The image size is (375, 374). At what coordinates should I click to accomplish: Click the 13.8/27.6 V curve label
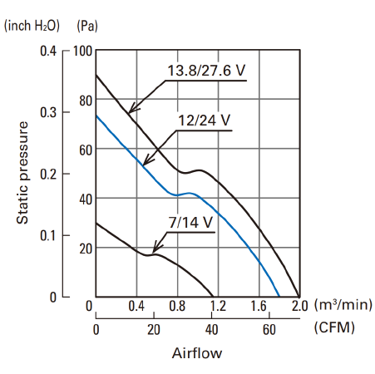(x=206, y=71)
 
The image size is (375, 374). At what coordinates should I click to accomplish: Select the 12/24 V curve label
(x=204, y=121)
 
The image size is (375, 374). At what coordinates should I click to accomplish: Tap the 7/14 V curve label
(x=190, y=222)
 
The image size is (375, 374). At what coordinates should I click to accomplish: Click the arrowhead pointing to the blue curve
(x=147, y=161)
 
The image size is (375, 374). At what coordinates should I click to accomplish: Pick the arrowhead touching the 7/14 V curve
(x=157, y=249)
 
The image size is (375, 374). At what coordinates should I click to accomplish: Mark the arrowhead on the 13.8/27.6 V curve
(x=134, y=108)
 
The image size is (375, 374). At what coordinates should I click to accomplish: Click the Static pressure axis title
(x=22, y=173)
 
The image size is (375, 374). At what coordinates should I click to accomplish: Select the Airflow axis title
(x=197, y=353)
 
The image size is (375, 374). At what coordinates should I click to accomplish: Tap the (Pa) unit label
(x=87, y=26)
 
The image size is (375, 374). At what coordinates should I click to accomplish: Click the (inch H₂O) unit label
(x=32, y=26)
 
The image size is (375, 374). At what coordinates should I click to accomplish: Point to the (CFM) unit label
(x=334, y=327)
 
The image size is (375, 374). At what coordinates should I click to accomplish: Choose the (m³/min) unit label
(x=343, y=305)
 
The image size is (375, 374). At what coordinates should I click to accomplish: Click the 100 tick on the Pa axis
(x=82, y=52)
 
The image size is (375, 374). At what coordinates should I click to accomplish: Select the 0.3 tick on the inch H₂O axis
(x=48, y=112)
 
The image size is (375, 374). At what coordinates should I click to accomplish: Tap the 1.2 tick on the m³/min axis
(x=218, y=306)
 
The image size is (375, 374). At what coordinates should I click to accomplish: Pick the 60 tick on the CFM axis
(x=269, y=330)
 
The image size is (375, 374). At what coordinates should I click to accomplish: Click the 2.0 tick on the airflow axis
(x=299, y=306)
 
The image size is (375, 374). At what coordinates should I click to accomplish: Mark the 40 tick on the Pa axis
(x=86, y=199)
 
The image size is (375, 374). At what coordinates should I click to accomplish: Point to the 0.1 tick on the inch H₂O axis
(x=48, y=235)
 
